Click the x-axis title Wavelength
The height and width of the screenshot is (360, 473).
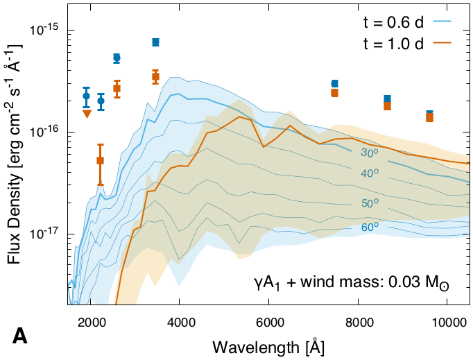269,345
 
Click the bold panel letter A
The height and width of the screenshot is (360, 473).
21,337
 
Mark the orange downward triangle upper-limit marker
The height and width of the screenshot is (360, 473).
87,114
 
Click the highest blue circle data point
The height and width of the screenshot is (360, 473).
155,42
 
